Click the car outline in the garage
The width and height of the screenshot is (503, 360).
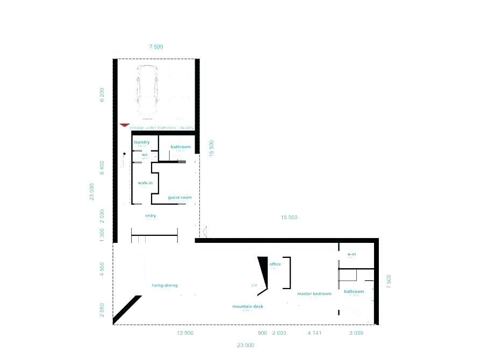tap(147, 92)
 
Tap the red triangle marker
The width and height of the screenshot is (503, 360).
tap(125, 125)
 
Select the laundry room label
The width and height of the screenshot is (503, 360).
tap(141, 142)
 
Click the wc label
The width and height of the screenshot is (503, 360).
tap(145, 155)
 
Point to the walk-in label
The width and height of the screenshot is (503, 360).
tap(145, 183)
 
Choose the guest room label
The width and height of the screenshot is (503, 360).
tap(179, 197)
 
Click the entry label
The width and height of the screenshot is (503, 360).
tap(150, 215)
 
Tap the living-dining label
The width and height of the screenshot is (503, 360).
tap(164, 285)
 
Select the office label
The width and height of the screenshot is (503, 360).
tap(275, 264)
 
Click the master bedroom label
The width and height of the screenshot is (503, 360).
tap(314, 294)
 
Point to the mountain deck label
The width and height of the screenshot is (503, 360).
tap(248, 306)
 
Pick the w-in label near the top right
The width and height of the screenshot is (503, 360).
tap(351, 254)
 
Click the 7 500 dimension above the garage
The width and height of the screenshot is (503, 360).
tap(156, 47)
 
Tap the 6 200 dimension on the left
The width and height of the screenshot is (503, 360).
tap(102, 95)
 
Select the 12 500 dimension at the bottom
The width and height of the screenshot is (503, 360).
tap(185, 333)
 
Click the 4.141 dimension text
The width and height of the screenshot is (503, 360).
tap(314, 333)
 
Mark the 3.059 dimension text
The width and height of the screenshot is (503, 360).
tap(356, 333)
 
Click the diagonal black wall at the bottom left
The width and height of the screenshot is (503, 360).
tap(127, 309)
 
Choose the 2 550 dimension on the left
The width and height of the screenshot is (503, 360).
tap(102, 310)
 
